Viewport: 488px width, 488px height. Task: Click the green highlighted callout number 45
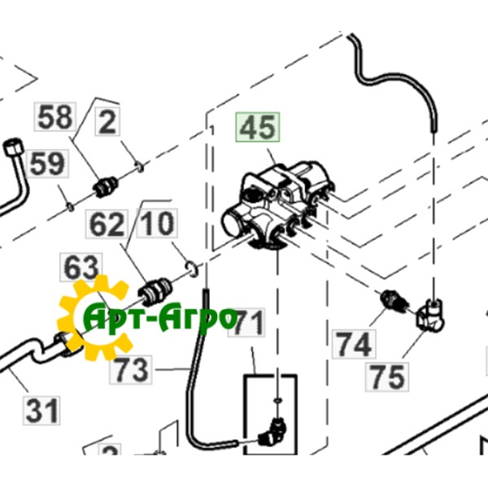pyautogui.click(x=258, y=128)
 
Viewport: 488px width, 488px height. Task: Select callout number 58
pyautogui.click(x=55, y=116)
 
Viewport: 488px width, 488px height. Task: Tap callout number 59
pyautogui.click(x=48, y=163)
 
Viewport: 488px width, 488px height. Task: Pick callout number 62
pyautogui.click(x=107, y=224)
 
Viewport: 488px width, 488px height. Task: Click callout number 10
pyautogui.click(x=157, y=223)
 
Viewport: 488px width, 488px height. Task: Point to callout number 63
pyautogui.click(x=81, y=268)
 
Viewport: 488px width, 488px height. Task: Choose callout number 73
pyautogui.click(x=131, y=370)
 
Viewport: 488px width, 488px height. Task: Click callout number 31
pyautogui.click(x=41, y=411)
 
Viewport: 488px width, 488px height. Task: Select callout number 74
pyautogui.click(x=354, y=344)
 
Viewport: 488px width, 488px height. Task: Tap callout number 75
pyautogui.click(x=387, y=377)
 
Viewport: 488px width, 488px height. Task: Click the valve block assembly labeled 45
pyautogui.click(x=277, y=204)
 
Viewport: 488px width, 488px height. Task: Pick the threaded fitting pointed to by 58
pyautogui.click(x=106, y=187)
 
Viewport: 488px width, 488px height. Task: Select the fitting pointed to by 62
pyautogui.click(x=155, y=291)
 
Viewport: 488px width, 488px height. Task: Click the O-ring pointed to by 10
pyautogui.click(x=192, y=269)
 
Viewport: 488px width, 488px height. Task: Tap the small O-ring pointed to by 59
pyautogui.click(x=71, y=207)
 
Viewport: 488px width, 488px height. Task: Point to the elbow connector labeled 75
pyautogui.click(x=430, y=316)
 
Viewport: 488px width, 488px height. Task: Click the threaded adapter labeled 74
pyautogui.click(x=394, y=301)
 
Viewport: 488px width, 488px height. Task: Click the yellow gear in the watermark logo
pyautogui.click(x=94, y=318)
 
